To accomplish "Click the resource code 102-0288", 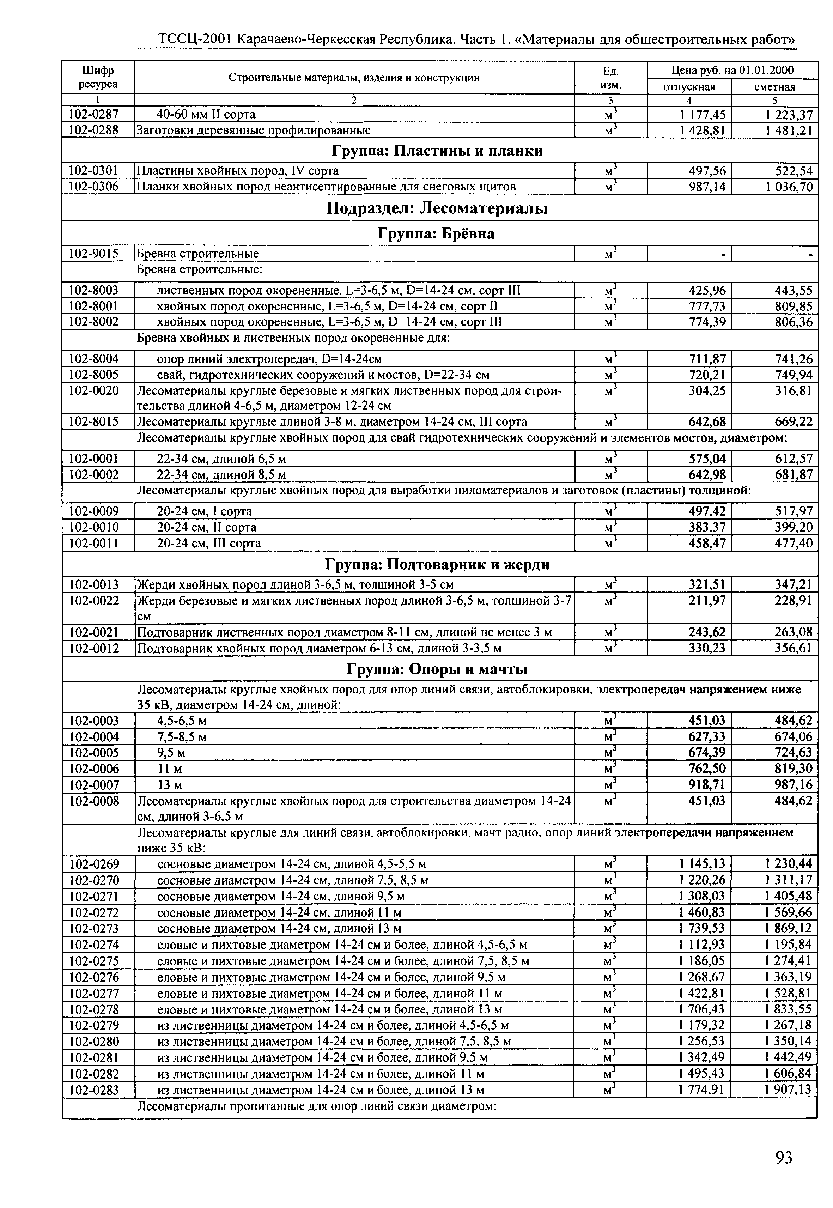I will pos(94,130).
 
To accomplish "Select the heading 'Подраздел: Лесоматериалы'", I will pos(437,208).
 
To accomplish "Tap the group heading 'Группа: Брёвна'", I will pos(436,233).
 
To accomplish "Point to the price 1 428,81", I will pos(702,130).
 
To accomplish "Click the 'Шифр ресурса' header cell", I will pos(98,77).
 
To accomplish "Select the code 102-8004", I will pos(94,359).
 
